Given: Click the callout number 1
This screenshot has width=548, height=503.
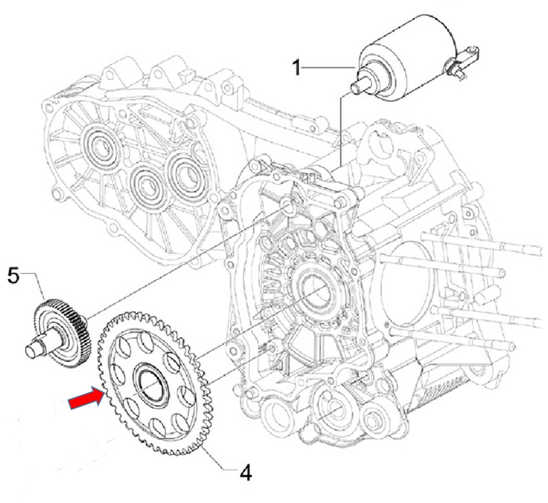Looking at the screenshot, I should click(298, 68).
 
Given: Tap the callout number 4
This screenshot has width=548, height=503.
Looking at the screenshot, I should click(245, 473).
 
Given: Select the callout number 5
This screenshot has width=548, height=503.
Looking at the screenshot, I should click(14, 275).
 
